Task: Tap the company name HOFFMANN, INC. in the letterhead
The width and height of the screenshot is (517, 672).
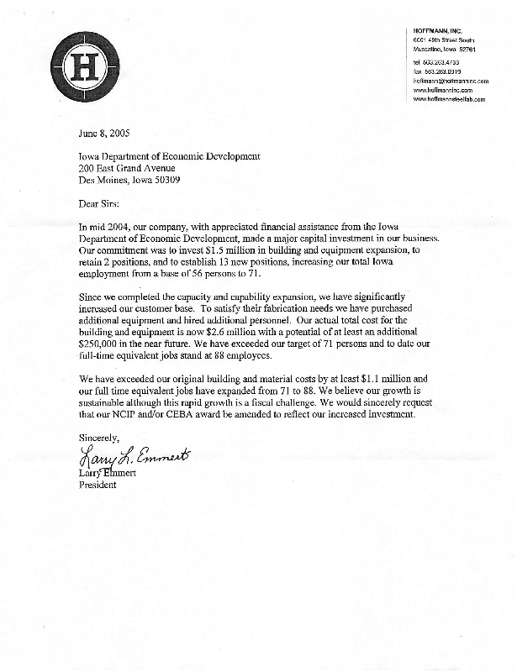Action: coord(438,30)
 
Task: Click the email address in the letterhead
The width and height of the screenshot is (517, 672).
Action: coord(451,81)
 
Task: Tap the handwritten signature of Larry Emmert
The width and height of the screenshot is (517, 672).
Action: coord(135,458)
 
